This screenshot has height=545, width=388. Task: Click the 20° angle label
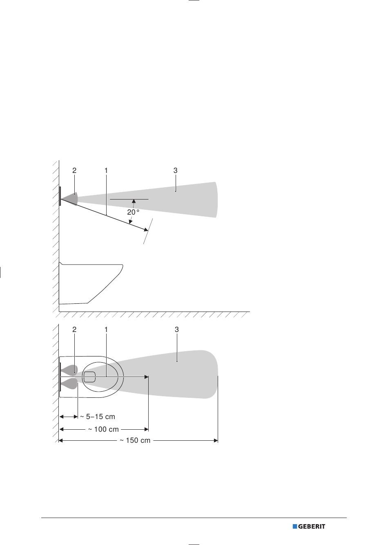pyautogui.click(x=133, y=212)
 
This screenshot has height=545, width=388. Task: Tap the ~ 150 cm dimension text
pyautogui.click(x=135, y=440)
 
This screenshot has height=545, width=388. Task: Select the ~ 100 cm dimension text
pyautogui.click(x=103, y=429)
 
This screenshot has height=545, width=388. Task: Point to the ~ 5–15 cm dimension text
pyautogui.click(x=98, y=417)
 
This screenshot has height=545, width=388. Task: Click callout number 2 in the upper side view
pyautogui.click(x=74, y=170)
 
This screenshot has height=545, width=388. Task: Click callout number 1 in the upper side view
pyautogui.click(x=106, y=170)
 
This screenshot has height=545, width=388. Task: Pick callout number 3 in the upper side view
pyautogui.click(x=175, y=170)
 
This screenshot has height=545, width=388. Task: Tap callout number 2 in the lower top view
pyautogui.click(x=74, y=330)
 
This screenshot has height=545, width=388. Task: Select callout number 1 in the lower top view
pyautogui.click(x=106, y=330)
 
